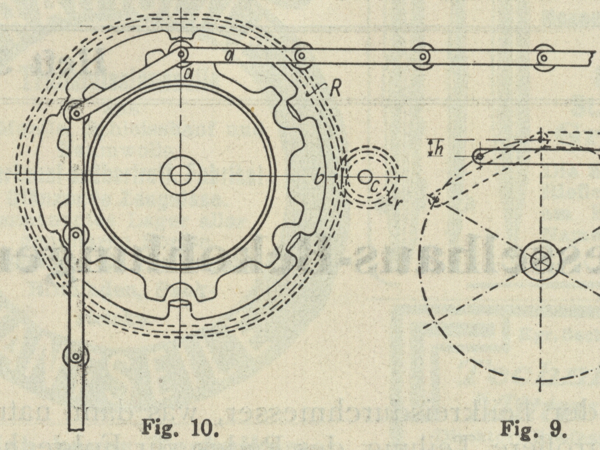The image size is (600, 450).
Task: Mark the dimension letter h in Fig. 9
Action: point(439,149)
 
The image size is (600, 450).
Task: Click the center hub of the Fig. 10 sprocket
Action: point(181,175)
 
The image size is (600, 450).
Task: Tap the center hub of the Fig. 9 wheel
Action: point(540,262)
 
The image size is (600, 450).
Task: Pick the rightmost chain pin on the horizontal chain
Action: point(544,58)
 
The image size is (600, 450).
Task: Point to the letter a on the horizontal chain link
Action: point(229,56)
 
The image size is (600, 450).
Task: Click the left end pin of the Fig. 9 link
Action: point(480,156)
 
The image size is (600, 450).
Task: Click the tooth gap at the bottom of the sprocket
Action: point(181,306)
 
